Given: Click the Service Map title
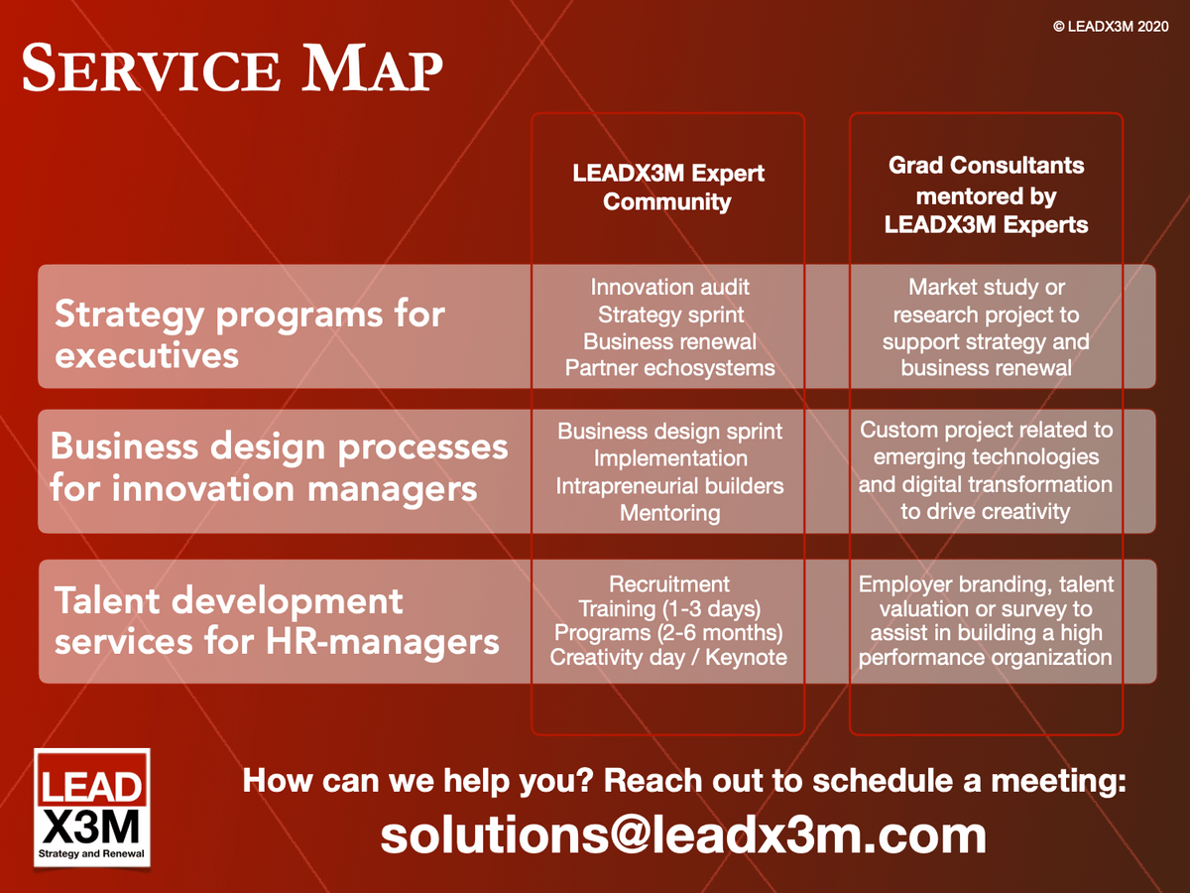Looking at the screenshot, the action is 232,67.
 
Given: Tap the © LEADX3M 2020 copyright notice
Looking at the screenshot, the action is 1111,27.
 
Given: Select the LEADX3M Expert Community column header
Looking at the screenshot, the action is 668,188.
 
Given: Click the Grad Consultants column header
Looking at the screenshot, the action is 986,194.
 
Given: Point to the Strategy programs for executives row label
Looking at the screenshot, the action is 249,334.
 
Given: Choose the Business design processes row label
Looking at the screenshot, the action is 280,466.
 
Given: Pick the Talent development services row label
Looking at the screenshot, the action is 277,621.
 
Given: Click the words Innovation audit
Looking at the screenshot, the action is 670,287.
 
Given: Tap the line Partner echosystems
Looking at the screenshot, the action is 670,368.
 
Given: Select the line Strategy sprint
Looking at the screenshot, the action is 670,315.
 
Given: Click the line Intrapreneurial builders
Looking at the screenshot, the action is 670,486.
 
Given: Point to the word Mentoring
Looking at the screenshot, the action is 670,513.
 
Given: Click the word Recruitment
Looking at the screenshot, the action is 669,584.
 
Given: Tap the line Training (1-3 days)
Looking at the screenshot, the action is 669,609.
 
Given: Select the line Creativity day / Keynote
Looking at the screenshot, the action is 668,657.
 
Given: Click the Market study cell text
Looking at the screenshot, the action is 986,327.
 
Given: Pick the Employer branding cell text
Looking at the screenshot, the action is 986,621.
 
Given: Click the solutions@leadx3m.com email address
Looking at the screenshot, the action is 683,835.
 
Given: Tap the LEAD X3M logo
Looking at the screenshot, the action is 91,808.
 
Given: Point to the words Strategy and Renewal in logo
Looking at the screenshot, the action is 91,853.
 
